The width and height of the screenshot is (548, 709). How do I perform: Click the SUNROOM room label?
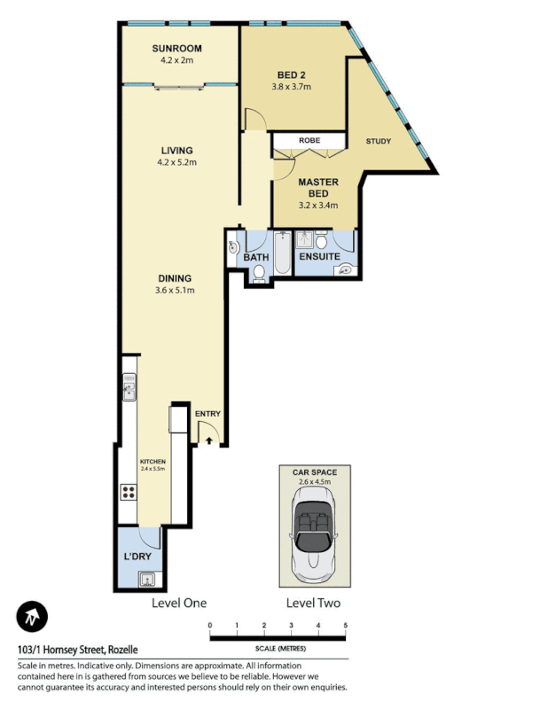[x=176, y=49]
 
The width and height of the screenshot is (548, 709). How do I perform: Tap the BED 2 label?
[x=292, y=74]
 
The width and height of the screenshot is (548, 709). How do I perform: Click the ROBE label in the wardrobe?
[x=309, y=140]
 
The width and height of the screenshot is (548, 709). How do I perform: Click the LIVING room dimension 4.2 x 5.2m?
[x=176, y=162]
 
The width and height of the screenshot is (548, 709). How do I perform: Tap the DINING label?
[x=176, y=277]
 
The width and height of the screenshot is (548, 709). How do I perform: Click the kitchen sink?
[x=129, y=386]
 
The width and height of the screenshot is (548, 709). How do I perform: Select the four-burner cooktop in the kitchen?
[x=129, y=493]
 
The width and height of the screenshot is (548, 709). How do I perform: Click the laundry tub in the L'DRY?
[x=147, y=580]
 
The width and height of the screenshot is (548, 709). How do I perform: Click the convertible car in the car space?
[x=315, y=530]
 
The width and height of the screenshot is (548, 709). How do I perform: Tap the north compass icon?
[x=33, y=616]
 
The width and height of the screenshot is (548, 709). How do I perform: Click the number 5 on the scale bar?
[x=345, y=626]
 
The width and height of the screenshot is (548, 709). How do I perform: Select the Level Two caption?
[x=313, y=603]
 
